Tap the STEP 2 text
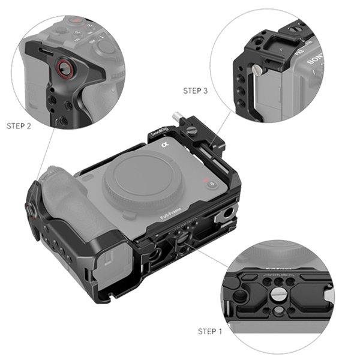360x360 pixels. pyautogui.click(x=19, y=126)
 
